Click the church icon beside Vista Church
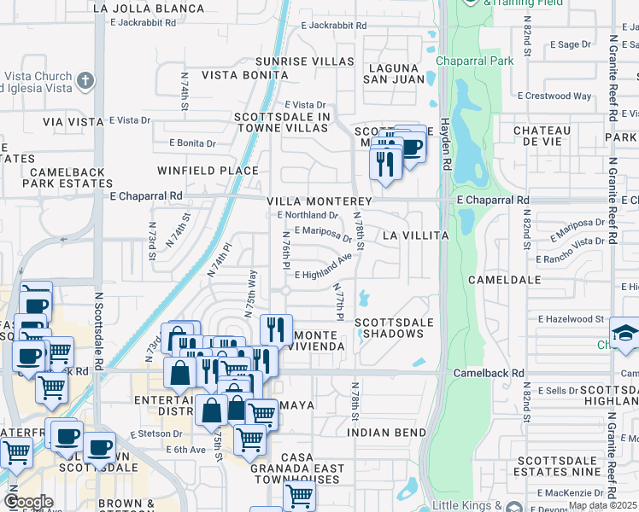point(84,80)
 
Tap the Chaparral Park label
point(475,61)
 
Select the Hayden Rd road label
point(445,146)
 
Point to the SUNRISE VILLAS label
point(306,61)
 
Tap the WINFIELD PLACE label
point(207,171)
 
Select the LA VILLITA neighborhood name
point(415,235)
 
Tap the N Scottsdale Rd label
point(99,332)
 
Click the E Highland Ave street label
point(324,267)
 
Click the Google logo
point(28,502)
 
